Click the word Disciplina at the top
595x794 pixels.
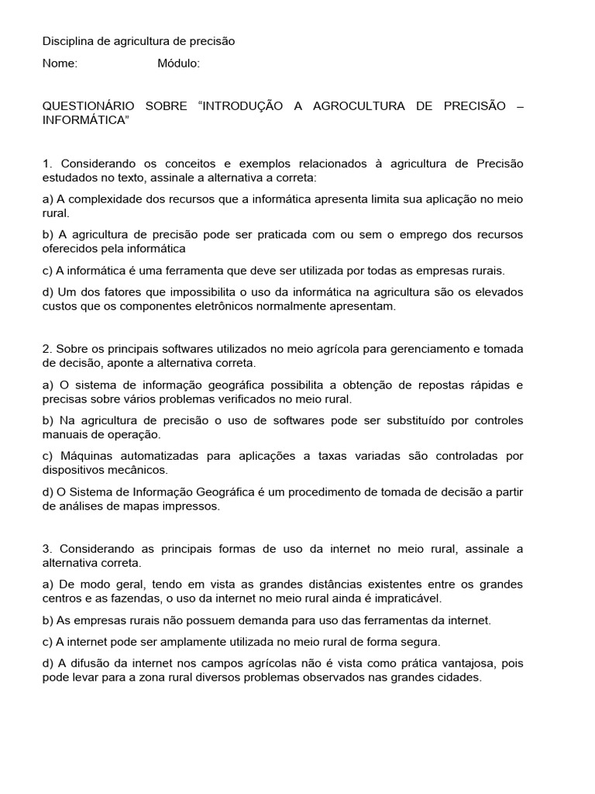(x=67, y=41)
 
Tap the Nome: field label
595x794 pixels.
(x=60, y=64)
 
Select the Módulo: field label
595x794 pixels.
(x=178, y=64)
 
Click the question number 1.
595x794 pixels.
(x=46, y=163)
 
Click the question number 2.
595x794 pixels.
(x=46, y=349)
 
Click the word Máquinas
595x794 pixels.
(x=85, y=456)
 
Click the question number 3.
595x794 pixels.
(x=46, y=549)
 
